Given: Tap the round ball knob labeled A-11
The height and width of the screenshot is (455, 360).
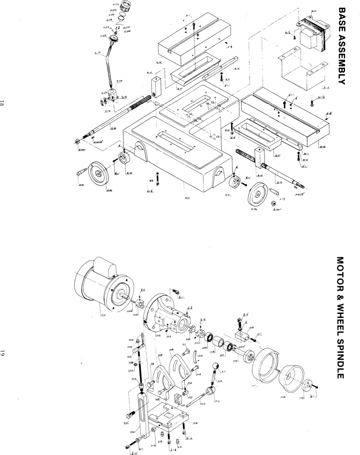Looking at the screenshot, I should [216, 367].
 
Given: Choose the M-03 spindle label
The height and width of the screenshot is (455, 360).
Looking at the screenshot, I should [236, 361].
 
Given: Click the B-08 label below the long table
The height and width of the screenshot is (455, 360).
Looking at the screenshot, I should [323, 147].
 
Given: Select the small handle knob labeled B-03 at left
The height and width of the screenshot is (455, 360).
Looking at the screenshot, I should [81, 173].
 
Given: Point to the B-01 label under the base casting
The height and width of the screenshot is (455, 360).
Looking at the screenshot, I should [187, 198].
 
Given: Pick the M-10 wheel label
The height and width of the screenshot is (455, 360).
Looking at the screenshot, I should [283, 397].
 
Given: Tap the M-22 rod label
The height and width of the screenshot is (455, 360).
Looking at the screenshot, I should [203, 403].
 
